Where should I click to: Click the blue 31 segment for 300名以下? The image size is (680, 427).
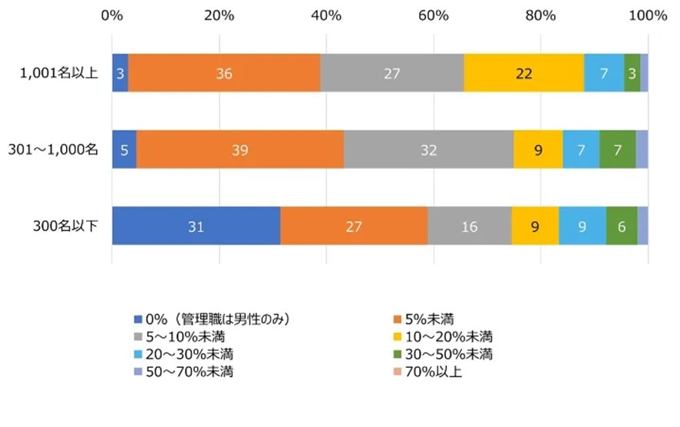coord(196,226)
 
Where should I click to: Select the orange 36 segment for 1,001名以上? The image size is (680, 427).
coord(224,73)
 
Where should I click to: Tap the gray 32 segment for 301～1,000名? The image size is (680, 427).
coord(428,150)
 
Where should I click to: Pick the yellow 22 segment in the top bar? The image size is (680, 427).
coord(523,73)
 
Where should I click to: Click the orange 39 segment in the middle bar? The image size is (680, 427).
coord(239,150)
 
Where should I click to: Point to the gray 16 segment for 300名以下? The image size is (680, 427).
coord(470,226)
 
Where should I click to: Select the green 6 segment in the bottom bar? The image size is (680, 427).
coord(622,226)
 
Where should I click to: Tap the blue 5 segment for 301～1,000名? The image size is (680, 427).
coord(124,150)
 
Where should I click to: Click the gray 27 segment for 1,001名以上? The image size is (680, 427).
coord(391,73)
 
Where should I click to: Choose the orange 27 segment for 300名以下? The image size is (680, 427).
coord(354,226)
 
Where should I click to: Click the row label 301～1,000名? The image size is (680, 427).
coord(52,150)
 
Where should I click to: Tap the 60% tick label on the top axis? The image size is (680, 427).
coord(433,14)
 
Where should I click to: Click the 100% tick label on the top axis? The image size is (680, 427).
coord(646,14)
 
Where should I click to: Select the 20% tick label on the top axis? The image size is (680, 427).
coord(220,14)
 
